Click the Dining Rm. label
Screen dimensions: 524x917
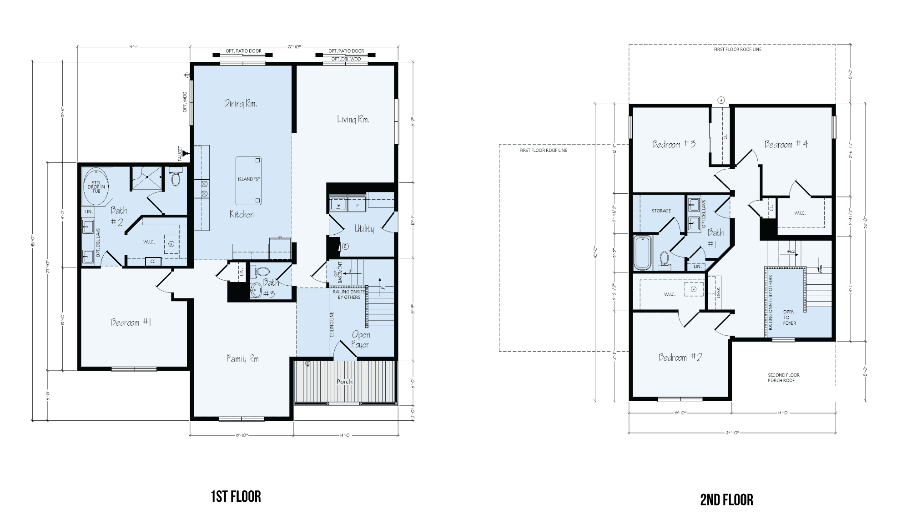(x=240, y=104)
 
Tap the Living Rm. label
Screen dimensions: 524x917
(x=353, y=120)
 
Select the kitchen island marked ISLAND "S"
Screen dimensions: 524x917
(x=248, y=181)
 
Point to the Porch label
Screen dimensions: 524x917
(x=344, y=382)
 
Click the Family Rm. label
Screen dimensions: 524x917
(x=243, y=359)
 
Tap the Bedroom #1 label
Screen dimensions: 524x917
(x=131, y=322)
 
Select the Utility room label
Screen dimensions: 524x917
(x=364, y=229)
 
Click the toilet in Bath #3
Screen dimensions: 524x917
(x=262, y=273)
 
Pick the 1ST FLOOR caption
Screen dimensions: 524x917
(x=236, y=497)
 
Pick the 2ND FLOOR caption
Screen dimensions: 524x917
(x=726, y=500)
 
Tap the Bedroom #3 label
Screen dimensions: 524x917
(x=674, y=145)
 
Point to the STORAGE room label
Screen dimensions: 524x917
(x=661, y=211)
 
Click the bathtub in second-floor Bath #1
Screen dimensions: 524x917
(x=642, y=253)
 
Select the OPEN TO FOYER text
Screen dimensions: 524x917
(x=789, y=317)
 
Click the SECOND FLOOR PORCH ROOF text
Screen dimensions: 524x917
(x=784, y=378)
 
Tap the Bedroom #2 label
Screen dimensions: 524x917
(x=680, y=358)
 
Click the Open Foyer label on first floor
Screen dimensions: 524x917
(x=361, y=340)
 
